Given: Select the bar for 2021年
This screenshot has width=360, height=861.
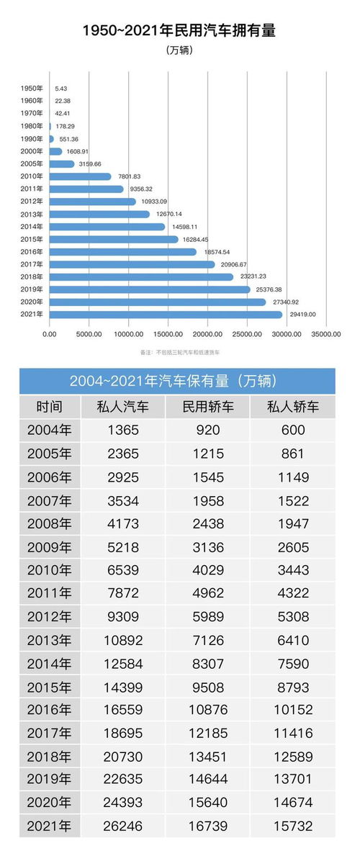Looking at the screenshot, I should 166,315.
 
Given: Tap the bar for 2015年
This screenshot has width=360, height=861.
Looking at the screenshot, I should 113,239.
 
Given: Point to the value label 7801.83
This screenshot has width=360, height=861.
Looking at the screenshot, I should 127,176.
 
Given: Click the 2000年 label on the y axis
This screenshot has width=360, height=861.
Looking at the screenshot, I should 32,151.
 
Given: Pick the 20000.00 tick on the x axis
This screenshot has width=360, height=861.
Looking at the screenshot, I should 207,334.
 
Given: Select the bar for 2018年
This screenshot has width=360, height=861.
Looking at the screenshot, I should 141,276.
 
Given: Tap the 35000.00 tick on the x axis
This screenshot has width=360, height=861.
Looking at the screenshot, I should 326,334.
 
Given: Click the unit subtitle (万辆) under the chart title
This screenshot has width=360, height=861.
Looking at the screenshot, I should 179,50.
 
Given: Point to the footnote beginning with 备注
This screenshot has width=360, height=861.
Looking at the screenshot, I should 180,353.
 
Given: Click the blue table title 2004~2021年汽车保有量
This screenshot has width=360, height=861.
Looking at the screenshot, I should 177,381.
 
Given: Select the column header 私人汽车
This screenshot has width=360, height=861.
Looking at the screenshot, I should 123,407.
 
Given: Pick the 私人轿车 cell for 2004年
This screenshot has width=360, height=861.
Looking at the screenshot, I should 293,430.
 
